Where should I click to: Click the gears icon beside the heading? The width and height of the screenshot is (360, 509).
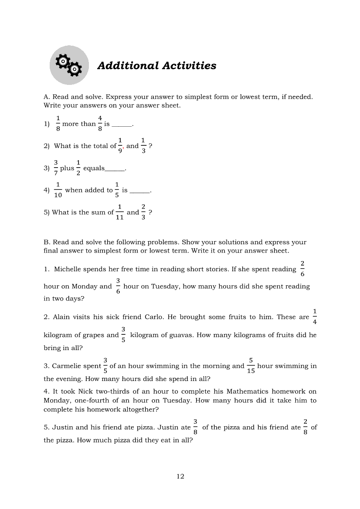click(x=69, y=66)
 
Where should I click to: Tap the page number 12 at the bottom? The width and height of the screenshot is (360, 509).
click(x=180, y=476)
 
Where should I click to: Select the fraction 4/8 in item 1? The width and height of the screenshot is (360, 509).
click(x=100, y=123)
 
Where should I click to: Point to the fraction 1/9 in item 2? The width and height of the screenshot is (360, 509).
click(x=120, y=145)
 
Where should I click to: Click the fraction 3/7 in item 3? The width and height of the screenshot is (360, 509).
click(x=56, y=168)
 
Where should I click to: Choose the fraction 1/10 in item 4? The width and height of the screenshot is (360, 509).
click(x=58, y=190)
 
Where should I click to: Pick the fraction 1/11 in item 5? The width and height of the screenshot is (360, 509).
click(x=119, y=212)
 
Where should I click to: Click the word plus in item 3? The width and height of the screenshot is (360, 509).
click(x=67, y=169)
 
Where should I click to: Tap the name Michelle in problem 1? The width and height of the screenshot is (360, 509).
click(x=68, y=269)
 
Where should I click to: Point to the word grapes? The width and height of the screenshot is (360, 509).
click(x=95, y=335)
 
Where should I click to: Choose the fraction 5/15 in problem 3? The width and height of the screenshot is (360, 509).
click(x=251, y=366)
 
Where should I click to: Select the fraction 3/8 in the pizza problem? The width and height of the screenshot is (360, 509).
click(x=195, y=427)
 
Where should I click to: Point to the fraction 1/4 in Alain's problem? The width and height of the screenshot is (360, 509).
click(x=315, y=317)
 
